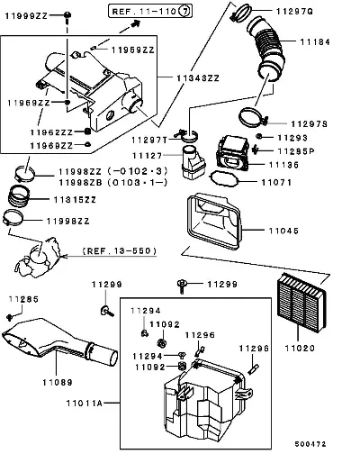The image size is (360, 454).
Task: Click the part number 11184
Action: click(315, 41)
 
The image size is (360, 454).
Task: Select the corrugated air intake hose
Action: click(266, 48)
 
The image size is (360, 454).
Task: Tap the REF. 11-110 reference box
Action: click(150, 12)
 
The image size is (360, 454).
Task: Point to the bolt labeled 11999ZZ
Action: click(67, 17)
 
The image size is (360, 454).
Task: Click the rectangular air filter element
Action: click(301, 302)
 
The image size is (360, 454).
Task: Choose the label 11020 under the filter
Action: click(300, 349)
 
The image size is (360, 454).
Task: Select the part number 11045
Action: click(283, 231)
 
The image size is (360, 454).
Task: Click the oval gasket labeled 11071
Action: click(224, 178)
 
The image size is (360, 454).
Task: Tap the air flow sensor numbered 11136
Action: click(233, 153)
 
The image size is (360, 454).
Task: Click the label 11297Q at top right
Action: click(294, 12)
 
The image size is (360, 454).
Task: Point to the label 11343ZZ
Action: click(198, 78)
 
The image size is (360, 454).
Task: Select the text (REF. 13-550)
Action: click(120, 251)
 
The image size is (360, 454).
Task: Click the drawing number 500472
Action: click(310, 444)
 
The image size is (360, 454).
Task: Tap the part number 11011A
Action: click(85, 403)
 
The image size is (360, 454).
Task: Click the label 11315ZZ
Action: click(75, 200)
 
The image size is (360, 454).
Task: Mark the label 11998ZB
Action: click(80, 183)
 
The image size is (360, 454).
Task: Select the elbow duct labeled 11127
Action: click(193, 162)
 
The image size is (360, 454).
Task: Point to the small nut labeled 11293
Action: click(259, 137)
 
